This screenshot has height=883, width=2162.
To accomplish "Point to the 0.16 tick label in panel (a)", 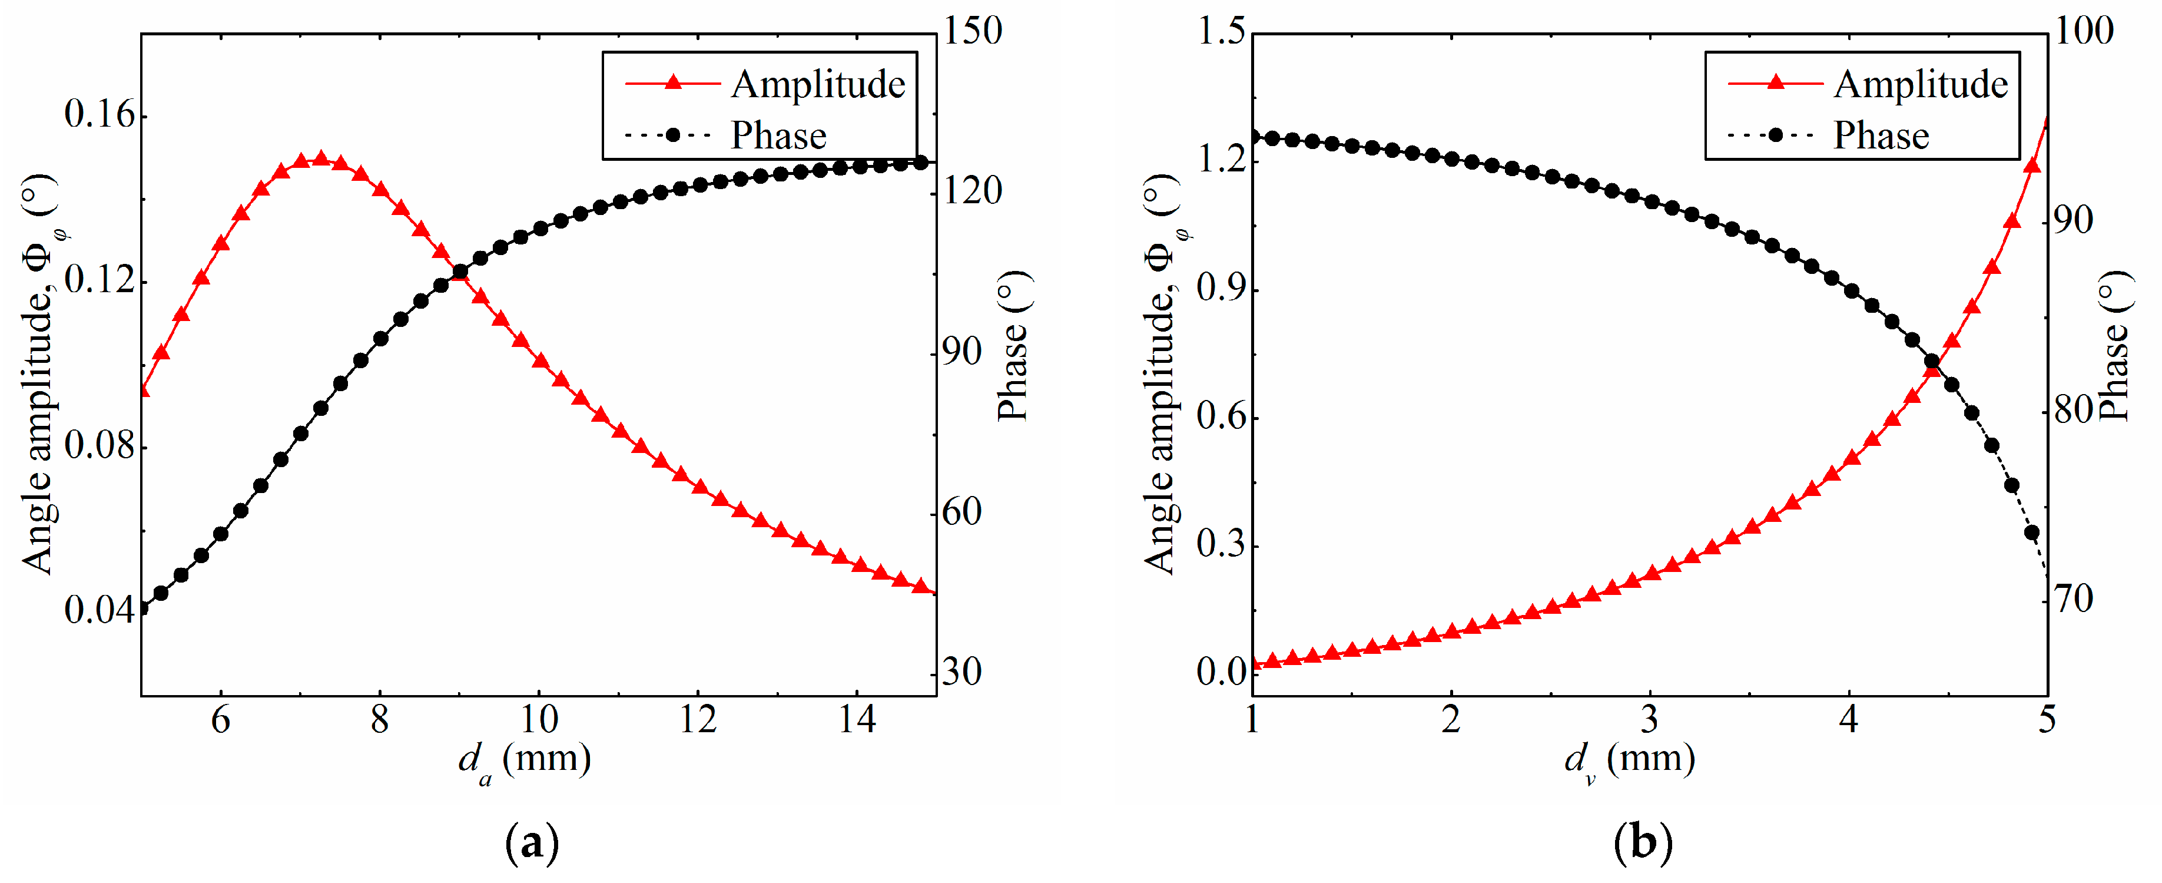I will (x=99, y=115).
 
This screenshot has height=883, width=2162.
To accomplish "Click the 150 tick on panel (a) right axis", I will (x=972, y=31).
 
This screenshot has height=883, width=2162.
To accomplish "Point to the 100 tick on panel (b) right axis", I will (x=2083, y=31).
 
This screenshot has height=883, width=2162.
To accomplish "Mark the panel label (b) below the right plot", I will (x=1643, y=843).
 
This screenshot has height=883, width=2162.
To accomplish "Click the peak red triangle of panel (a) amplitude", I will (x=321, y=158).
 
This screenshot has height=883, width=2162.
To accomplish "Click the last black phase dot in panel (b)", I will (x=2031, y=532).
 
